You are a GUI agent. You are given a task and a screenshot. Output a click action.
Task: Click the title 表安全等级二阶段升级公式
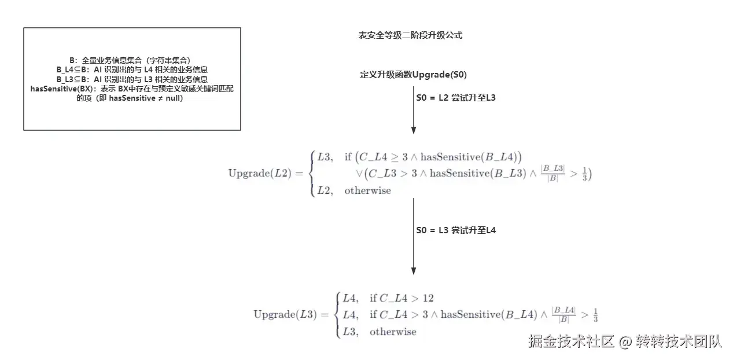click(410, 35)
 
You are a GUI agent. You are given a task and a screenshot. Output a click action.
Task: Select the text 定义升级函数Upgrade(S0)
click(413, 75)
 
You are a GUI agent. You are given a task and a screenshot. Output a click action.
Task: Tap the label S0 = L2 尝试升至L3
click(456, 98)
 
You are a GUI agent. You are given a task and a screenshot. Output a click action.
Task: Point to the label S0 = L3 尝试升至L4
click(456, 230)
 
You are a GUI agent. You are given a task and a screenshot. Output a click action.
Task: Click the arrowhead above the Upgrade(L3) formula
click(414, 269)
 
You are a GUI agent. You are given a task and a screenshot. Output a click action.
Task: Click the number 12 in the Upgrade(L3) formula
click(428, 299)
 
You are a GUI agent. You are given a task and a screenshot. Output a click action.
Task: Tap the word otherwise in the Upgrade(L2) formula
click(367, 190)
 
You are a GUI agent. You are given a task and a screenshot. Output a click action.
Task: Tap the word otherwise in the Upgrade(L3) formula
click(393, 332)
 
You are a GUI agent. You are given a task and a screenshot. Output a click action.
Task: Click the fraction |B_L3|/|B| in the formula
click(552, 173)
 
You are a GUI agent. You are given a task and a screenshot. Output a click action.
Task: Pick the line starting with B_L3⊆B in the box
click(132, 79)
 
